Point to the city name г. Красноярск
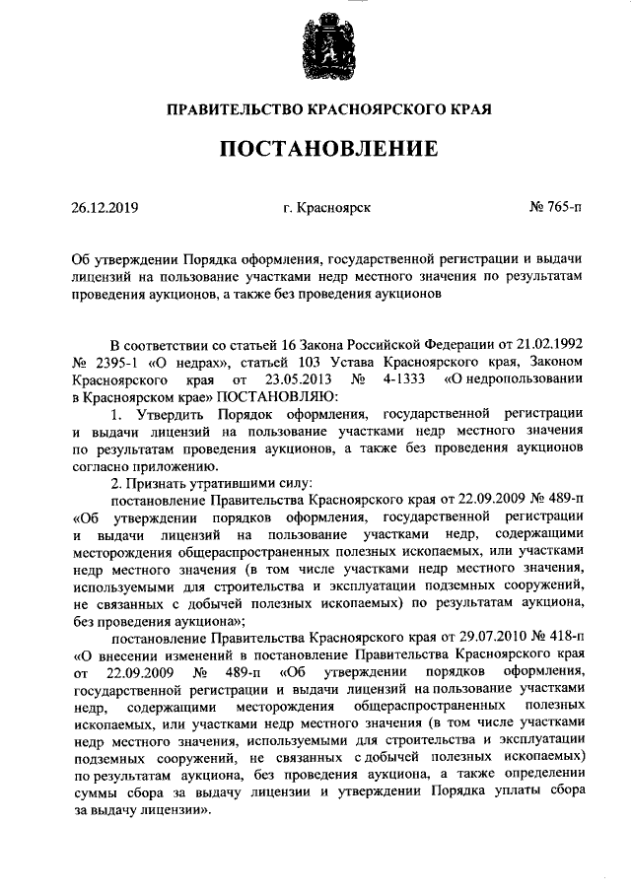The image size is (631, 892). pos(326,208)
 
